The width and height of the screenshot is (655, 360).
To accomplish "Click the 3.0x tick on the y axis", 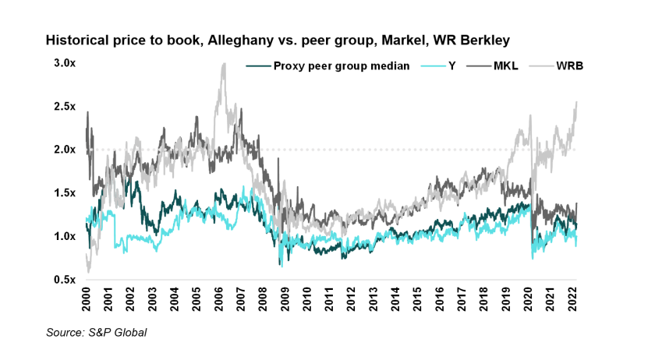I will click(x=64, y=62).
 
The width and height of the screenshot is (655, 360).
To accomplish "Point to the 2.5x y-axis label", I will click(x=64, y=106).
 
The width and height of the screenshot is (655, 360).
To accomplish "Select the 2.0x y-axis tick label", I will click(x=64, y=150).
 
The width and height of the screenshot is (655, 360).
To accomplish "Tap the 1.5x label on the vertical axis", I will click(x=64, y=192).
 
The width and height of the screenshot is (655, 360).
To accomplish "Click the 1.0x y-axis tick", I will click(x=64, y=236).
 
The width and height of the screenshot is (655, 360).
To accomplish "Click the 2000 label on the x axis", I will click(x=87, y=298).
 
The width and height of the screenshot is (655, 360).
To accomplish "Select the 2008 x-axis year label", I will click(x=264, y=298).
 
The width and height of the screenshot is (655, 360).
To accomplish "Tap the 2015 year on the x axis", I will click(x=420, y=298).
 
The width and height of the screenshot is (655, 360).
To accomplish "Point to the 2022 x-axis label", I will click(x=575, y=298).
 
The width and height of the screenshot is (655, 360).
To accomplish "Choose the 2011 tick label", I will click(x=331, y=298).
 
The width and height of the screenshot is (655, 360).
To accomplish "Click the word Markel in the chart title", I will click(x=374, y=38).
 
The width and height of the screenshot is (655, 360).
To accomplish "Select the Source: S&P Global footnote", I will click(x=96, y=333).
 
